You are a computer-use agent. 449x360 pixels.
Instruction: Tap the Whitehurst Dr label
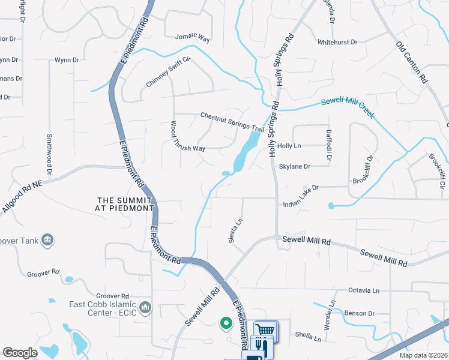(x=337, y=42)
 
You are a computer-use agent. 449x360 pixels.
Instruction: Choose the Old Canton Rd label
(x=412, y=62)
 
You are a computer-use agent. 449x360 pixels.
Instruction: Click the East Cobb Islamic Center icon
(x=145, y=308)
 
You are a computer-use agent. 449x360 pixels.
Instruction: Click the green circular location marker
(x=226, y=324)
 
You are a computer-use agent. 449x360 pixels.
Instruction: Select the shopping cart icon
(x=265, y=329)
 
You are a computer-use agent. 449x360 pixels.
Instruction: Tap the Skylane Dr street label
(x=295, y=166)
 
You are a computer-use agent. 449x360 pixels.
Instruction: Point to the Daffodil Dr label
(x=328, y=146)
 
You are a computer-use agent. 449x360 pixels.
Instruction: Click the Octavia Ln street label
(x=364, y=290)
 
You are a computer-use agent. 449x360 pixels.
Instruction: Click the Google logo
(x=20, y=353)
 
